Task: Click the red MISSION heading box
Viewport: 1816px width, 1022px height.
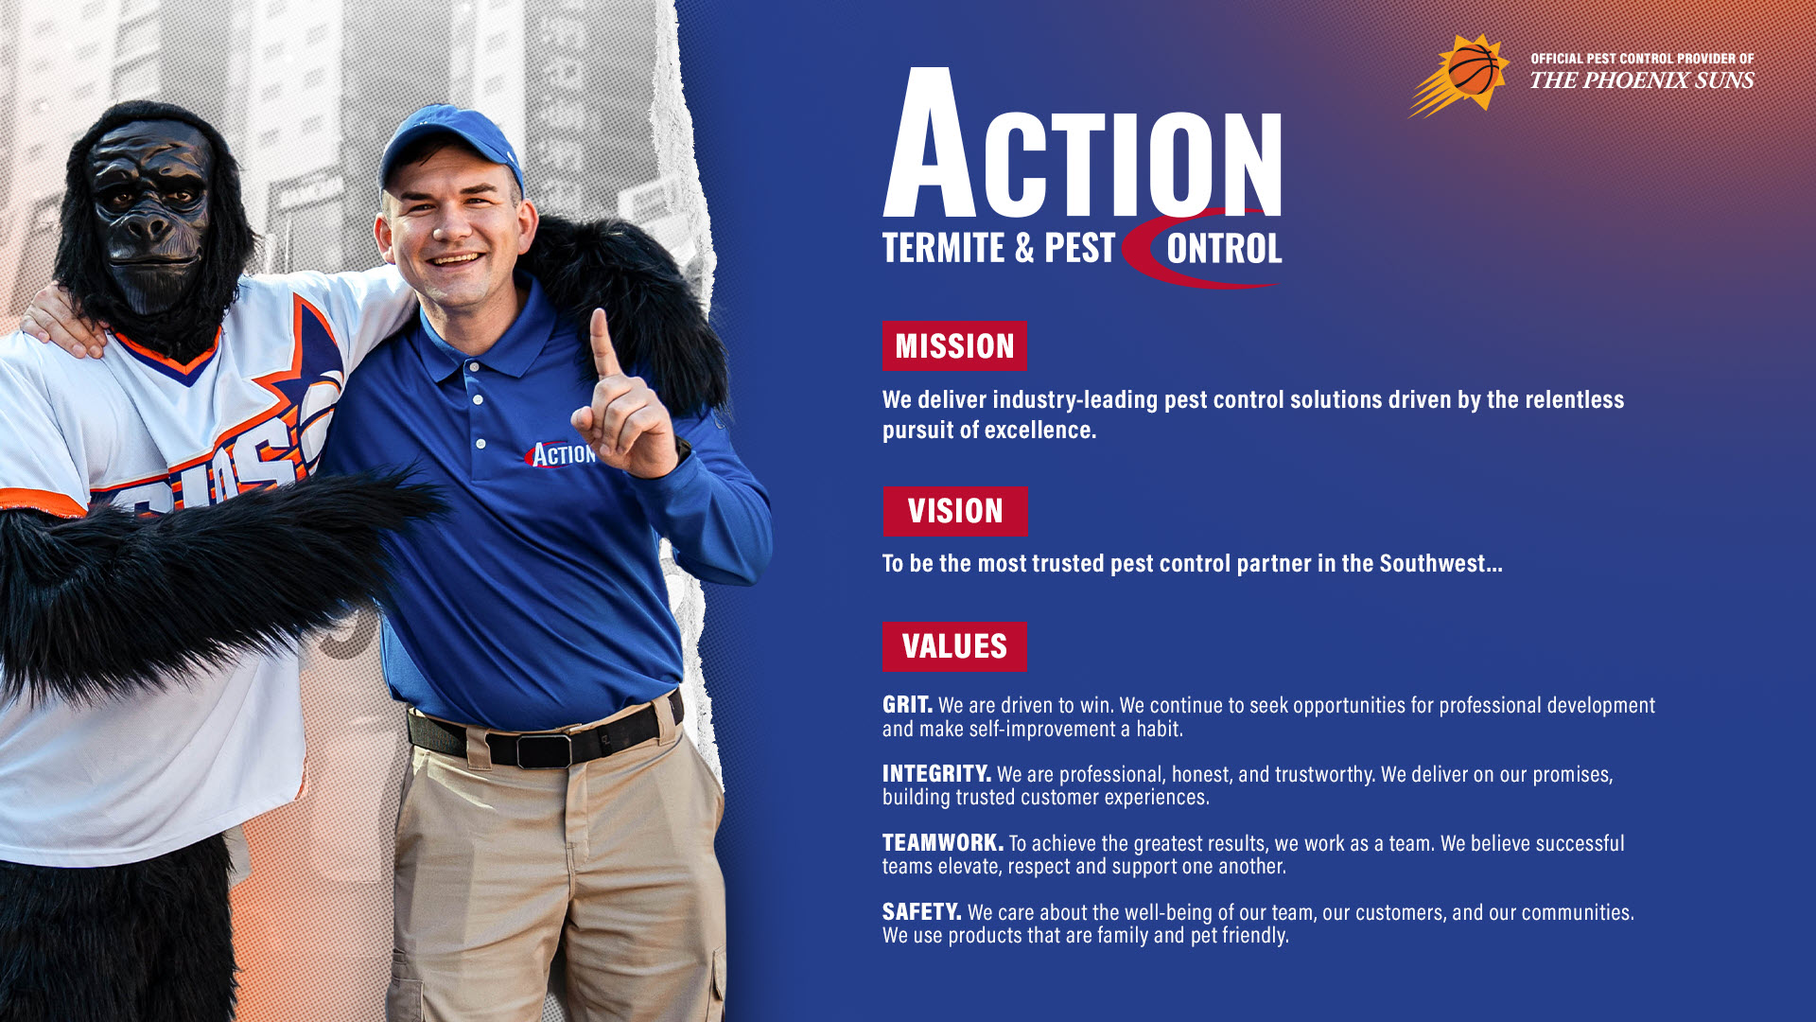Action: click(954, 346)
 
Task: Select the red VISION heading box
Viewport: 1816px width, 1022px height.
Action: click(955, 511)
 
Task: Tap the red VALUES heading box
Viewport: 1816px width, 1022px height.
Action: click(954, 646)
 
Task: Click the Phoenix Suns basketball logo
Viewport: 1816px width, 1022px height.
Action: click(1460, 75)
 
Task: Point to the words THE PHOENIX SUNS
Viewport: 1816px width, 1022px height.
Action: click(1642, 80)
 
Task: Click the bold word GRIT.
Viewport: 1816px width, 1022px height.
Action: click(907, 705)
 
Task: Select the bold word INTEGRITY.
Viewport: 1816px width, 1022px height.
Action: click(936, 774)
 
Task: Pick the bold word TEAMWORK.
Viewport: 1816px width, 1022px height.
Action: click(942, 843)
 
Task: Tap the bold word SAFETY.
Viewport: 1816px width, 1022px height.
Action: click(921, 912)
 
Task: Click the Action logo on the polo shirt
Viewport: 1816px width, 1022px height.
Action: click(561, 455)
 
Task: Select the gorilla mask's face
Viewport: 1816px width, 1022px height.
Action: click(149, 213)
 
